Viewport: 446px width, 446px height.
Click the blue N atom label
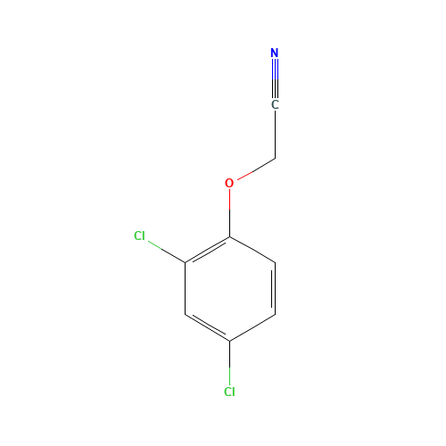[275, 53]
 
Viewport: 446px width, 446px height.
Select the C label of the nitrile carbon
[275, 104]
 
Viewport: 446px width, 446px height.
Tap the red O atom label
[229, 183]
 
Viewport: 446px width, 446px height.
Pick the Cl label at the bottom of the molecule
[229, 392]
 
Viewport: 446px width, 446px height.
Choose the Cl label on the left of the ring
[139, 235]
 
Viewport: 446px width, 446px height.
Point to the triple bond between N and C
[275, 78]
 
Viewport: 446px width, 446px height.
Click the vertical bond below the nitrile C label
[275, 135]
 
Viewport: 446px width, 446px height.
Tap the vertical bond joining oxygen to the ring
[229, 213]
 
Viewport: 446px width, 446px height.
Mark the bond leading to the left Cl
[167, 252]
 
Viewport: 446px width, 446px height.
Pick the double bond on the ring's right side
[274, 288]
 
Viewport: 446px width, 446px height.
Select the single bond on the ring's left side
[185, 288]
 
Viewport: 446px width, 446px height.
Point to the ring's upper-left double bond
[207, 251]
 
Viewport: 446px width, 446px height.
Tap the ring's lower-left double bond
[207, 326]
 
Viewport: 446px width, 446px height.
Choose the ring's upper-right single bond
[252, 250]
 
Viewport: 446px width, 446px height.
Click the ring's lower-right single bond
[252, 327]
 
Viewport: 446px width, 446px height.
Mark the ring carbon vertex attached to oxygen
[229, 237]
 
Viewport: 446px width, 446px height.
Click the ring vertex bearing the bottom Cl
[229, 341]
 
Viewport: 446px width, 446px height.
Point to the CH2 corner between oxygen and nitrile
[275, 158]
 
